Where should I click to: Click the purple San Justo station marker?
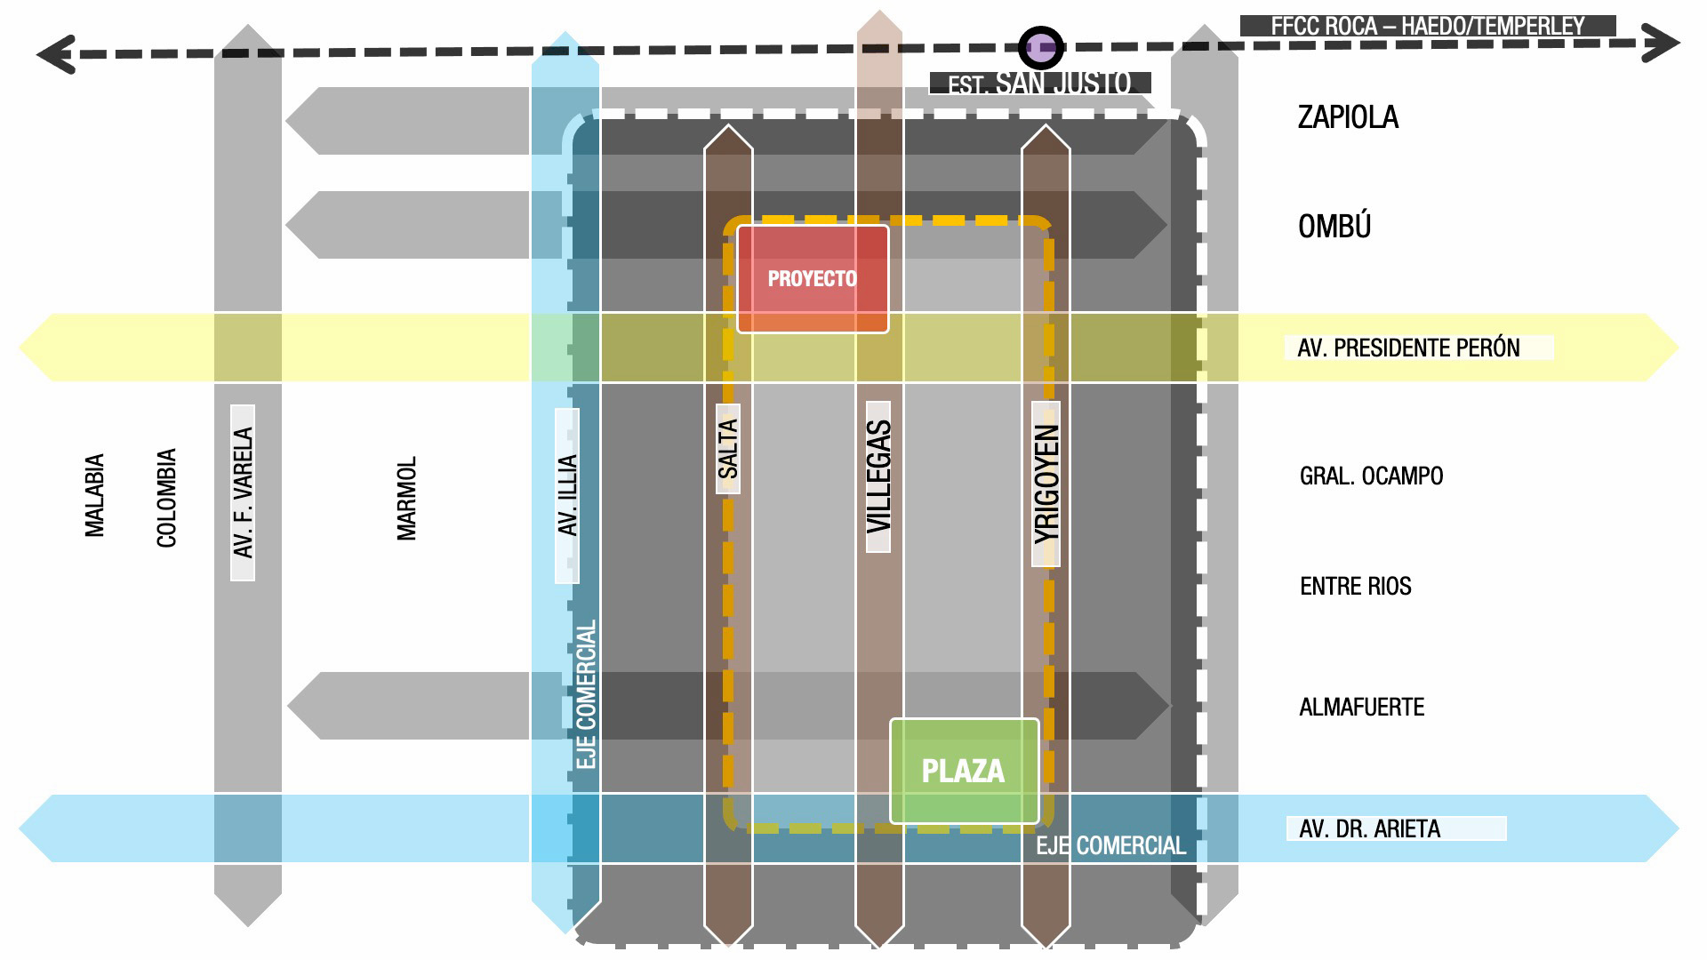1040,47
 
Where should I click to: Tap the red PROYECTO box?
813,279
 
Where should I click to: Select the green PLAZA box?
965,771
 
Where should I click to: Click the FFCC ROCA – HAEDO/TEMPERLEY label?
1428,26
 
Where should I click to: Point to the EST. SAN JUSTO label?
1040,84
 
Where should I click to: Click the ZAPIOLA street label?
1348,117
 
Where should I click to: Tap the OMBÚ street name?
1334,226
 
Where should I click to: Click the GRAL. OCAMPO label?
1371,476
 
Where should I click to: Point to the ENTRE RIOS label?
1356,587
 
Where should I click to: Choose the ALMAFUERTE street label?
1362,708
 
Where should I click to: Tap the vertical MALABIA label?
94,495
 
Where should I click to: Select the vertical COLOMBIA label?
166,498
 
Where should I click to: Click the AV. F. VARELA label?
243,492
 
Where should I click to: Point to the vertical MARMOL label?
406,499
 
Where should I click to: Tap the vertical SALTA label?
728,449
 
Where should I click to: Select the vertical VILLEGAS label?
878,477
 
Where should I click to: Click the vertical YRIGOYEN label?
1046,484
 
